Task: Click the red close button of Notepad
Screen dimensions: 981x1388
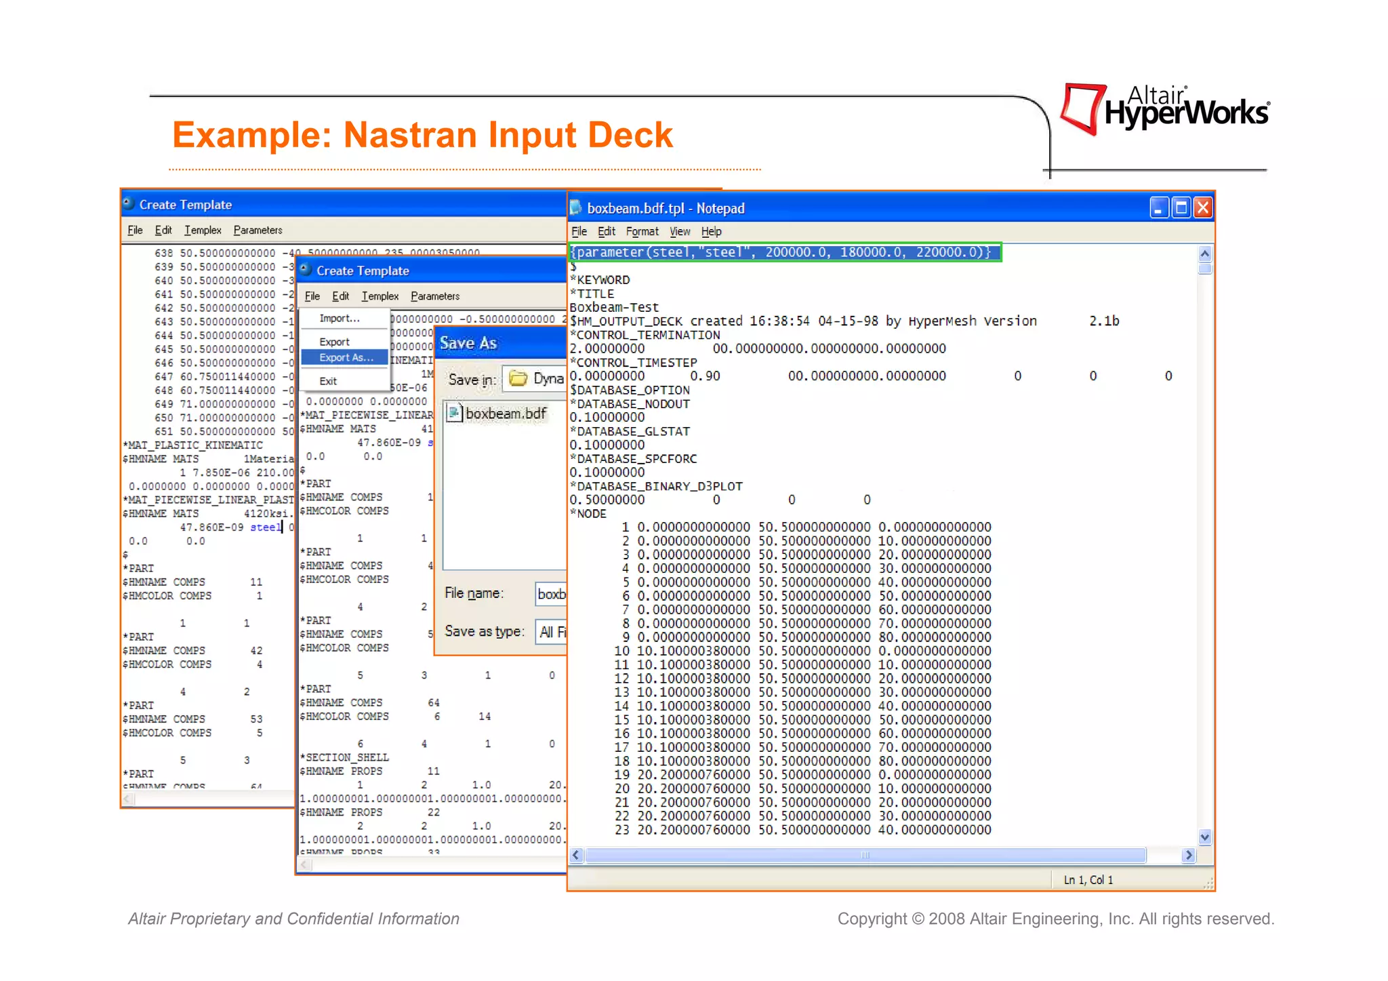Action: click(x=1202, y=207)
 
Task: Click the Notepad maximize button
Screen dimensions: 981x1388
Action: click(x=1181, y=207)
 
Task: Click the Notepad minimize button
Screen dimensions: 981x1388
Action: click(x=1159, y=207)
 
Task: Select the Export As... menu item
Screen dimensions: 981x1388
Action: click(x=346, y=357)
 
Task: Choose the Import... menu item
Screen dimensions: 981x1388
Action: click(x=339, y=318)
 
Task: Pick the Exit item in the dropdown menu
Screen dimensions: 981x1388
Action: click(x=328, y=381)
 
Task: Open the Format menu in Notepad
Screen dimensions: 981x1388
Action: click(x=641, y=231)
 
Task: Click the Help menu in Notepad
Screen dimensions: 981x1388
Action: click(x=711, y=231)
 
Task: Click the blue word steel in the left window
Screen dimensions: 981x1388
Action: click(x=265, y=527)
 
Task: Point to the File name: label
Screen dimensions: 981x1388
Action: click(x=474, y=593)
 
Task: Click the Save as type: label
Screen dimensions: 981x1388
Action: click(x=484, y=631)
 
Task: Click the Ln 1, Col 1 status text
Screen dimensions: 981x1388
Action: click(x=1088, y=879)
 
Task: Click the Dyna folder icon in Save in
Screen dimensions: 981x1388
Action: click(x=518, y=378)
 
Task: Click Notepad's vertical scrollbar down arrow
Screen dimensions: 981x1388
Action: click(x=1204, y=837)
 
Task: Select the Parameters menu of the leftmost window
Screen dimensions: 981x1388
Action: click(x=258, y=230)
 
